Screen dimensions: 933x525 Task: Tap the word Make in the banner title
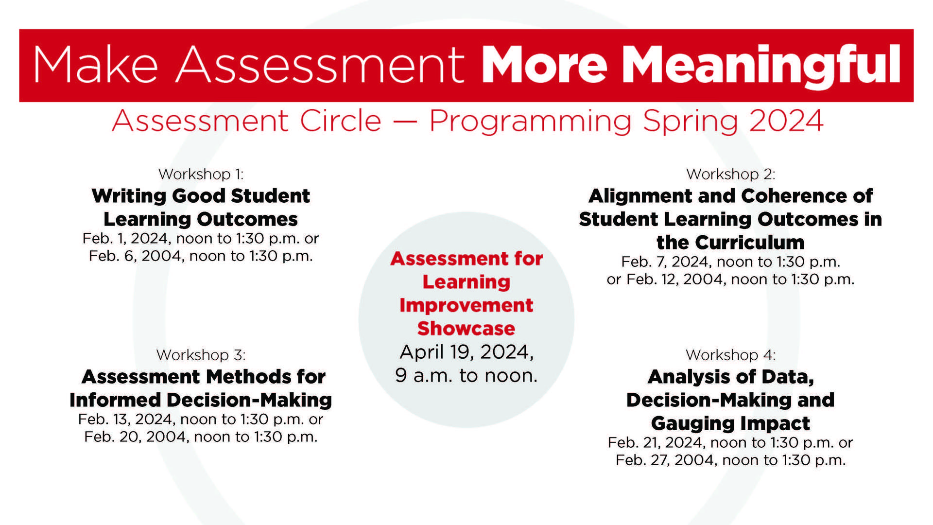pyautogui.click(x=96, y=65)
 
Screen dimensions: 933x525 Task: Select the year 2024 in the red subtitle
pyautogui.click(x=786, y=121)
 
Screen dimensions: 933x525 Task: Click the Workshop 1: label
pyautogui.click(x=201, y=174)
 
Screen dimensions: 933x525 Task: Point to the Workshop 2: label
pyautogui.click(x=730, y=174)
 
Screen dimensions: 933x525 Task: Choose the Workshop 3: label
pyautogui.click(x=201, y=355)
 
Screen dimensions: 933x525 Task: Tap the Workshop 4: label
pyautogui.click(x=730, y=355)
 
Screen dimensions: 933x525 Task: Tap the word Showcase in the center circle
pyautogui.click(x=466, y=329)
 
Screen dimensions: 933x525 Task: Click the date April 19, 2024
pyautogui.click(x=466, y=352)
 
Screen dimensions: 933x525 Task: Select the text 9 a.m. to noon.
pyautogui.click(x=466, y=375)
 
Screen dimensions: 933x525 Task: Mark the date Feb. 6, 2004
pyautogui.click(x=137, y=256)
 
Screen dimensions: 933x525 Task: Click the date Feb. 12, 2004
pyautogui.click(x=676, y=280)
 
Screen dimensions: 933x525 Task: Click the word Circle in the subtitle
pyautogui.click(x=340, y=121)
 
